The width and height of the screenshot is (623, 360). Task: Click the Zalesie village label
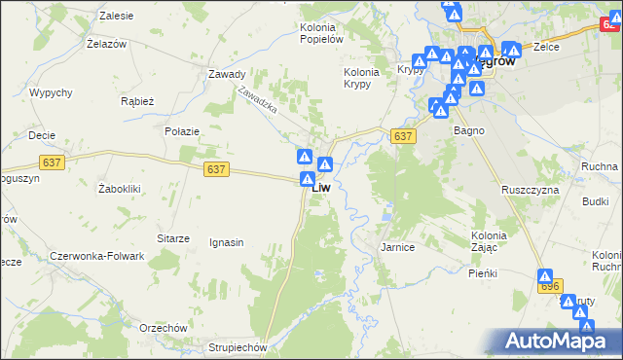[x=116, y=17]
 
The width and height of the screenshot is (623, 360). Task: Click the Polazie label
[x=182, y=131]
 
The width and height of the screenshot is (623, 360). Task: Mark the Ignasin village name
[x=226, y=242]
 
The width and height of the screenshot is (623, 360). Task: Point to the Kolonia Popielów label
[x=321, y=34]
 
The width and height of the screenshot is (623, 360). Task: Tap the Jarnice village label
[x=397, y=248]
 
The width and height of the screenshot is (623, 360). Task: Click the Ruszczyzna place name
[x=530, y=190]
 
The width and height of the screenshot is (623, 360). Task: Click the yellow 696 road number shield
[x=550, y=286]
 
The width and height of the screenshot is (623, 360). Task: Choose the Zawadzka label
[x=257, y=98]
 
